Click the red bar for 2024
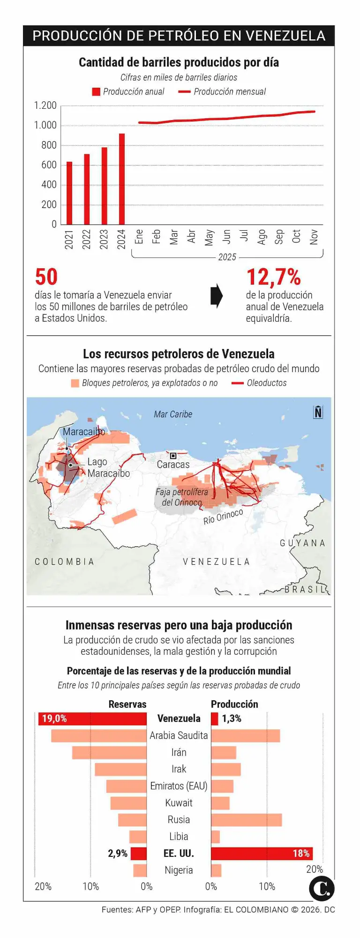pos(122,179)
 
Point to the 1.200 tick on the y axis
pos(45,106)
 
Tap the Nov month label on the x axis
pos(314,237)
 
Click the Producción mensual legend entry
pos(222,92)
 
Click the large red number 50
pos(46,277)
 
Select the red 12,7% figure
pos(273,277)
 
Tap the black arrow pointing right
pos(216,296)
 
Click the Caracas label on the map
pos(173,464)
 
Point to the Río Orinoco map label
pos(223,516)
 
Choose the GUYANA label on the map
pos(302,543)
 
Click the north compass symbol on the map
pos(318,412)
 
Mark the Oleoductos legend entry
pos(259,383)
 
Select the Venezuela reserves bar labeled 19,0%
pos(92,719)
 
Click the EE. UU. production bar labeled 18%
pos(262,853)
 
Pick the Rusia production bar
pos(246,820)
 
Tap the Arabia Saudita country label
pos(179,735)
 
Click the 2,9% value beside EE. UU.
pos(118,853)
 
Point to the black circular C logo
pos(322,888)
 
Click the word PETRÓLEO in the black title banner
pos(188,36)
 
